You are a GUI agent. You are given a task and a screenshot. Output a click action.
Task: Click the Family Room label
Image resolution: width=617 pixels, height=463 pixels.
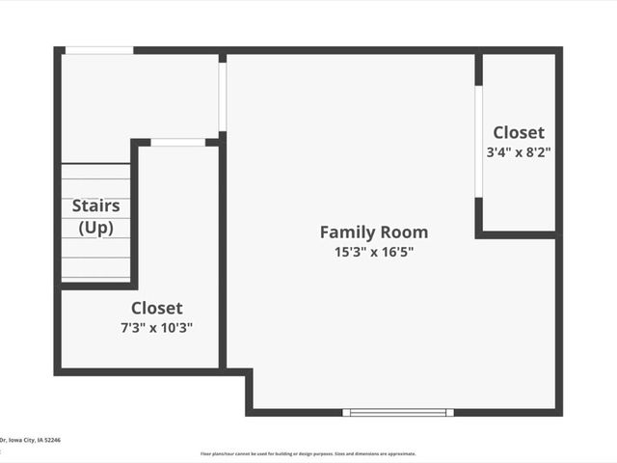pos(373,232)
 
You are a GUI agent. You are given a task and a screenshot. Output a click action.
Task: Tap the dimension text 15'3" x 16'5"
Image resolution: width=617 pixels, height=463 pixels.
pos(373,252)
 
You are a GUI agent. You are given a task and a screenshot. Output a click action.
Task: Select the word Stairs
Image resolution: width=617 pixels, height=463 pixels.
pos(96,205)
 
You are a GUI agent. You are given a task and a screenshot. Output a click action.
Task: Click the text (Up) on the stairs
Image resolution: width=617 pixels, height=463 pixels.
pos(96,228)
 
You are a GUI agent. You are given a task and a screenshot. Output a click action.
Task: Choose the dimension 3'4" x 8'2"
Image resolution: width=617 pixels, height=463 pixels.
pos(519,151)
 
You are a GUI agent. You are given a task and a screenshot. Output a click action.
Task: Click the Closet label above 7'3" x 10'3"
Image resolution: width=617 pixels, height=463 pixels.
pos(156,308)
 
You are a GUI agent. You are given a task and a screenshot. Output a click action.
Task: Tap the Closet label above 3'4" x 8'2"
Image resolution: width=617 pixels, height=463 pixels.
pos(519,132)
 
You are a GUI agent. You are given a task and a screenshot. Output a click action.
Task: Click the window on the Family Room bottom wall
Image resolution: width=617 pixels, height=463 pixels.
pos(398,412)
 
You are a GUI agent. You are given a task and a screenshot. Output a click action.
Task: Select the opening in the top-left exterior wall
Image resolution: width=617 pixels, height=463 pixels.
pos(98,50)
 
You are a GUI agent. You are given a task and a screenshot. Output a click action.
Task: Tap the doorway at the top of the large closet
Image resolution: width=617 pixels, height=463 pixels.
pos(178,143)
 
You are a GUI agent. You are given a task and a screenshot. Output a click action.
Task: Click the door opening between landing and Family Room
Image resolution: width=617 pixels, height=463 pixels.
pos(223,96)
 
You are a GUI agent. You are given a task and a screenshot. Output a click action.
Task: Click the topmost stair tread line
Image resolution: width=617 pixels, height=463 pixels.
pos(96,165)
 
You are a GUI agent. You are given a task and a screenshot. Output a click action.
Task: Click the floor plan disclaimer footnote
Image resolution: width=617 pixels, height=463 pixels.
pos(308,453)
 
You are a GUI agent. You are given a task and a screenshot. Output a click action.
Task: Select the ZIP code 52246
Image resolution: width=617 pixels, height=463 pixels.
pos(50,440)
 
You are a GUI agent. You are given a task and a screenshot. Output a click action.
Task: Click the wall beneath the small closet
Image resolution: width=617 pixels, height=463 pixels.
pos(518,233)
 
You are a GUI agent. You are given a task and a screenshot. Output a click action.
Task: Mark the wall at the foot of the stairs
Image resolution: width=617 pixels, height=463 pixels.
pos(96,286)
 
